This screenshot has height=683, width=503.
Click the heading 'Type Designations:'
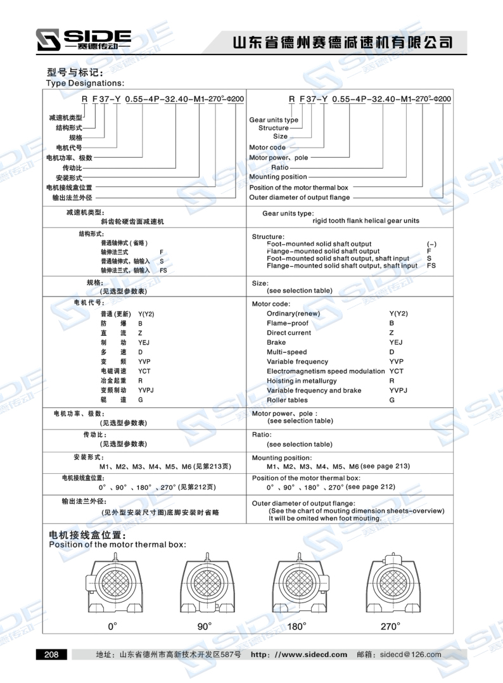point(86,83)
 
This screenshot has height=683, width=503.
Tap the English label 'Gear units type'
point(274,120)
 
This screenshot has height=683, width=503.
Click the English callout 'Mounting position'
point(277,177)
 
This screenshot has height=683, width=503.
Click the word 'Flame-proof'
point(288,323)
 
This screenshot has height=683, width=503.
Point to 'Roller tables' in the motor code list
point(287,400)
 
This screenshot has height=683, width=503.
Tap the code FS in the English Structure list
point(431,265)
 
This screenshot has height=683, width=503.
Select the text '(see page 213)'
point(385,466)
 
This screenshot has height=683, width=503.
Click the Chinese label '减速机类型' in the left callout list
point(66,118)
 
